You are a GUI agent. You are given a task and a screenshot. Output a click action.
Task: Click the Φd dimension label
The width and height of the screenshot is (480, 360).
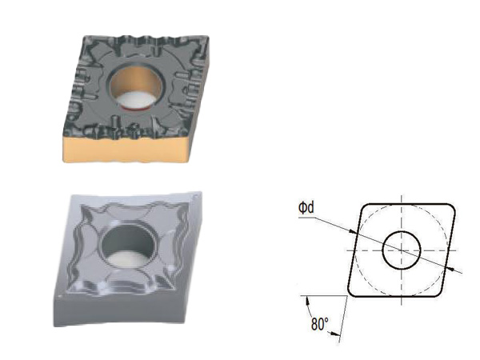click(x=306, y=208)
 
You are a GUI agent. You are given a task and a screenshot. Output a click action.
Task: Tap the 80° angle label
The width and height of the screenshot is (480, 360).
click(x=320, y=323)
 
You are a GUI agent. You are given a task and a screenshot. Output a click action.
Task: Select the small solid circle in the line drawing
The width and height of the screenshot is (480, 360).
click(x=402, y=250)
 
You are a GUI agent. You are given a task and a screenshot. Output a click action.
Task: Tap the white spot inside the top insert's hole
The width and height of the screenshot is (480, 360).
click(x=136, y=99)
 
